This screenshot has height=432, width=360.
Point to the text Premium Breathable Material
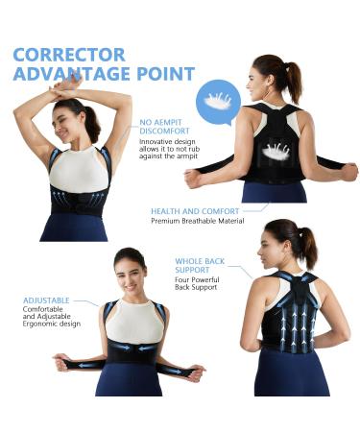(197, 221)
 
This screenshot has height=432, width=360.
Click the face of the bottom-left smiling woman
(130, 275)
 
